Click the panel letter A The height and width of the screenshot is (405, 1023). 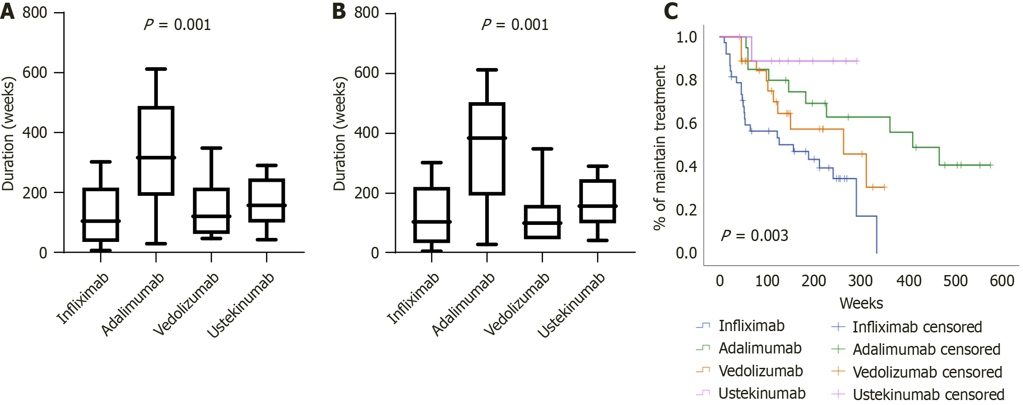coord(8,11)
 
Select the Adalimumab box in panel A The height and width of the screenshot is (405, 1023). coord(156,151)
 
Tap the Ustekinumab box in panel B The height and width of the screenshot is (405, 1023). coord(597,201)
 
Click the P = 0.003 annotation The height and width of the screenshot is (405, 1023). coord(754,236)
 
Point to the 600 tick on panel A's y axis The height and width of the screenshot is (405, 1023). coord(35,73)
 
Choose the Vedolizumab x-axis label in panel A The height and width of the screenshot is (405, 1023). coord(186,304)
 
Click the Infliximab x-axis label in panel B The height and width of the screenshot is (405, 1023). coord(413,298)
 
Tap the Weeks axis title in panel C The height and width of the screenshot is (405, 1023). coord(861,303)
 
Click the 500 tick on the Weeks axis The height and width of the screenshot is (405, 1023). coord(955,281)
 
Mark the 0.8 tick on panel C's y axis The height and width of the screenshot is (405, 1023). coord(686,80)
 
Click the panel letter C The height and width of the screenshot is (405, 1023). coord(671,11)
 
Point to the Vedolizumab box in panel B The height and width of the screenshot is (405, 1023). coord(542,222)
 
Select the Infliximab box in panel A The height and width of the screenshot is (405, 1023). coord(101,215)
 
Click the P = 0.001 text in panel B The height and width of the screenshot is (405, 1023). coord(515,25)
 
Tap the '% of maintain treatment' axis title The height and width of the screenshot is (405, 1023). coord(659,148)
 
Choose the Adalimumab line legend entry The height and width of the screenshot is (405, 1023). coord(760,348)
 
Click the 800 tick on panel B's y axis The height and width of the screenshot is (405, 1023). coord(366,13)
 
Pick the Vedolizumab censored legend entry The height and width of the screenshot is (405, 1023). coord(927,372)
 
